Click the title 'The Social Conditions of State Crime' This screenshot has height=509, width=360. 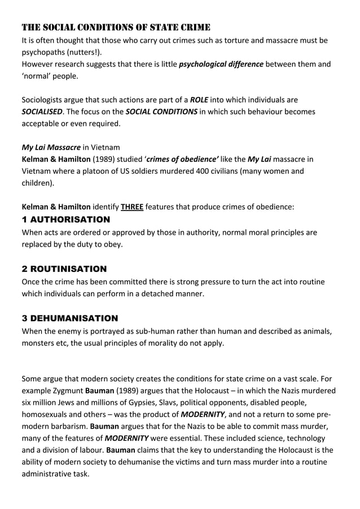[116, 27]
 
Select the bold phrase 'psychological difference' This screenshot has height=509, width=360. [221, 64]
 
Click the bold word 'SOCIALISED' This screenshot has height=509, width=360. [42, 112]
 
